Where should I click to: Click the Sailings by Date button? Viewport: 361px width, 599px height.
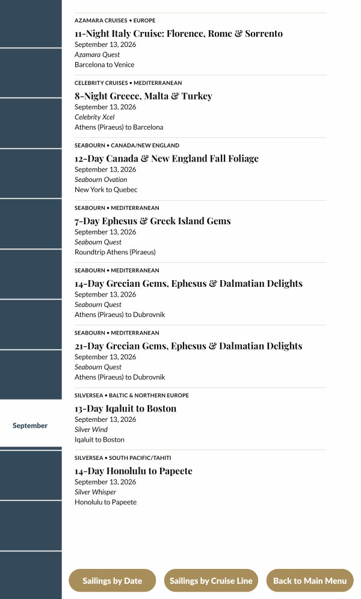point(113,581)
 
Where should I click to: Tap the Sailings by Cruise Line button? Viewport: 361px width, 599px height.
point(211,581)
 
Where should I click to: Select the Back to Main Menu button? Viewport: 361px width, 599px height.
point(310,581)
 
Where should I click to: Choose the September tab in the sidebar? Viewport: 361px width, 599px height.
point(30,425)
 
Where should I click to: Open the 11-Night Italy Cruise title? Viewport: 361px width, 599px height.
point(179,34)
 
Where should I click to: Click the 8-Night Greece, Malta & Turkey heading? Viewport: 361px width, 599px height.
point(143,96)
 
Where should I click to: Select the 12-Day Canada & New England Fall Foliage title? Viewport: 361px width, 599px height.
point(167,158)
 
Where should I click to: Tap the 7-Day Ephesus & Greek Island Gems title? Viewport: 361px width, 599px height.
point(153,221)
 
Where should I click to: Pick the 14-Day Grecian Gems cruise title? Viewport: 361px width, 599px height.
point(188,284)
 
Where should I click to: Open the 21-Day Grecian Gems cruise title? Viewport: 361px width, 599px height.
point(188,346)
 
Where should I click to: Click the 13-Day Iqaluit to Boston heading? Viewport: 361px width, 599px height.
point(126,409)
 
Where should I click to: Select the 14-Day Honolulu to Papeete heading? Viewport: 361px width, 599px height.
point(134,471)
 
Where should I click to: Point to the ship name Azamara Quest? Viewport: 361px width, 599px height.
point(97,55)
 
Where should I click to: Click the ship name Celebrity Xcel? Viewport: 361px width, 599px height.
point(94,117)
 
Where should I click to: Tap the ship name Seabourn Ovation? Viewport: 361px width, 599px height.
point(101,180)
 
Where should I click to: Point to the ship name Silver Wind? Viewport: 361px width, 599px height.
point(91,430)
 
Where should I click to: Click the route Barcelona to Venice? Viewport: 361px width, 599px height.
point(105,64)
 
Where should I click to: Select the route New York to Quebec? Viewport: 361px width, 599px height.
point(106,189)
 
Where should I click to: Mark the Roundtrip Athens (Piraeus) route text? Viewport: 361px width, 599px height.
point(115,252)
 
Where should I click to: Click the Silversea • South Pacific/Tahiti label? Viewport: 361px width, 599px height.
point(123,458)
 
